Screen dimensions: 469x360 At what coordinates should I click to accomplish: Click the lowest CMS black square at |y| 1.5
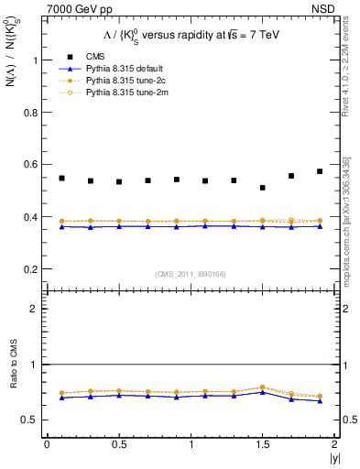(263, 188)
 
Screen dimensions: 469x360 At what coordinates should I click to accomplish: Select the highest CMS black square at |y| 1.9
(320, 171)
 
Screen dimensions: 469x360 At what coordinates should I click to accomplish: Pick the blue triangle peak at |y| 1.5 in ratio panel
(263, 391)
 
